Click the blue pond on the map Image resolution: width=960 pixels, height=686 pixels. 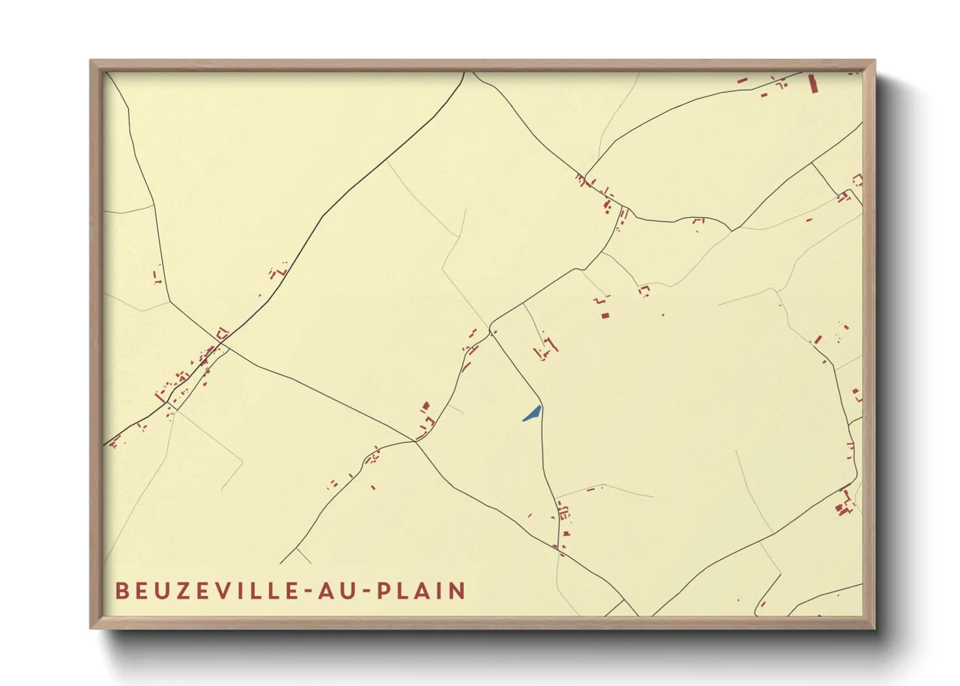click(x=532, y=414)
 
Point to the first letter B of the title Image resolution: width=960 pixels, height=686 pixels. click(x=121, y=591)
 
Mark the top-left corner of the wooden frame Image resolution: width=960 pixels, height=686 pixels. click(x=91, y=61)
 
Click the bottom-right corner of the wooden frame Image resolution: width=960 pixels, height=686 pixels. click(x=874, y=628)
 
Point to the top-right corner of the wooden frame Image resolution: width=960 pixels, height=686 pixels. click(x=874, y=61)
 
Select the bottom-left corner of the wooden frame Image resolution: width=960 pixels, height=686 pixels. click(x=91, y=628)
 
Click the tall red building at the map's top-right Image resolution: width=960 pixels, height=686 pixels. click(x=812, y=84)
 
